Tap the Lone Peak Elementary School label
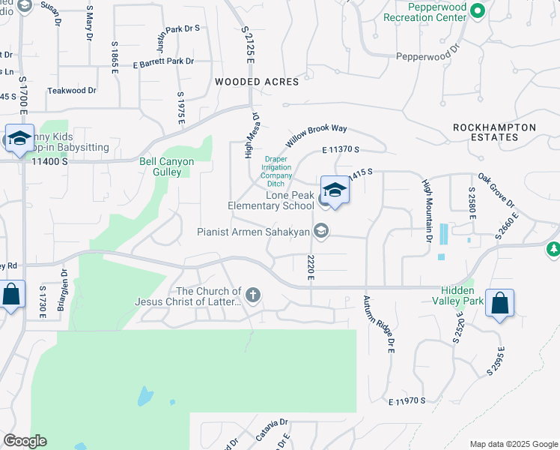(271, 200)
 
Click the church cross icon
(253, 295)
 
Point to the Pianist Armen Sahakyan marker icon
(320, 231)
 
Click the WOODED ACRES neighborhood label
(257, 82)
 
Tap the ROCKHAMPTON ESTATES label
(495, 133)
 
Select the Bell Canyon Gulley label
(167, 166)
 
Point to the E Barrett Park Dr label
(163, 62)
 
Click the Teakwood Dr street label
(72, 91)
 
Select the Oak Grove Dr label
(497, 191)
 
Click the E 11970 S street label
(407, 401)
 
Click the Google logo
(25, 441)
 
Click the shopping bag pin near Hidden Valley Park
(499, 304)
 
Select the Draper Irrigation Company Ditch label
(276, 171)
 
